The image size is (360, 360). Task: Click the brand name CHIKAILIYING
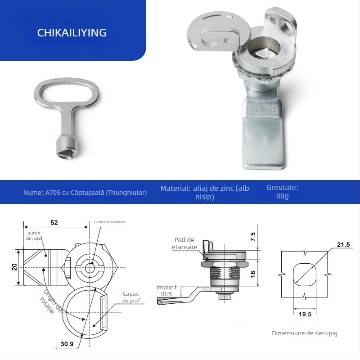click(x=72, y=33)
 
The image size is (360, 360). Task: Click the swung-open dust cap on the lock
click(x=211, y=34)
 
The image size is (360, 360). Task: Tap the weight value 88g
click(x=283, y=197)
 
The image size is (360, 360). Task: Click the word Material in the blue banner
click(x=174, y=188)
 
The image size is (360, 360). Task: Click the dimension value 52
click(x=54, y=222)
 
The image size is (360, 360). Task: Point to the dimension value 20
click(x=15, y=267)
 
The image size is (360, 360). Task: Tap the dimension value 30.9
click(x=67, y=344)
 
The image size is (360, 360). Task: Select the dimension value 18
click(x=252, y=273)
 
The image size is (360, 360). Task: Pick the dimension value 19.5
click(x=305, y=314)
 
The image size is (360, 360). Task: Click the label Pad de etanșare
click(x=184, y=243)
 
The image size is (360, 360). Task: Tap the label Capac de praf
click(x=131, y=297)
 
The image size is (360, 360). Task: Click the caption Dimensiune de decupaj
click(x=304, y=333)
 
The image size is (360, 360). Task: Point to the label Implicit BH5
click(x=166, y=290)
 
